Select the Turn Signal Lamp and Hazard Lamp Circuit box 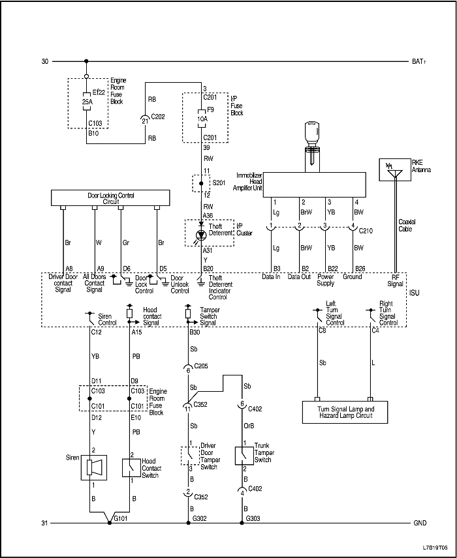pos(344,412)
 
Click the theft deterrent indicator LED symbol pos(200,234)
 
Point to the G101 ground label pos(120,519)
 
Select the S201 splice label pos(219,183)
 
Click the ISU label pos(413,293)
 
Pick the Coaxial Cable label pos(407,226)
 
